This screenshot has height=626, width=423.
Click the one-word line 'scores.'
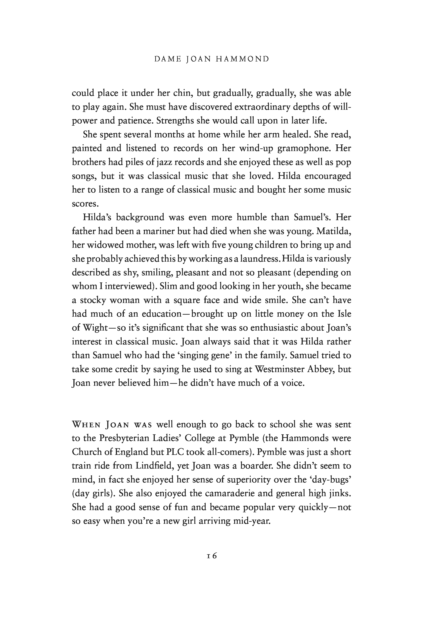click(84, 204)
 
